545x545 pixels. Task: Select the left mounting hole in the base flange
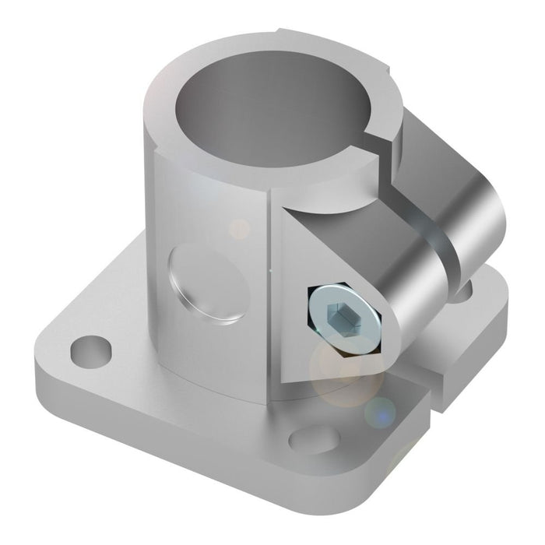(x=90, y=351)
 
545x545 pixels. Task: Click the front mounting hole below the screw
(x=315, y=438)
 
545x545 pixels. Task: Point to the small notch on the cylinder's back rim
(x=276, y=33)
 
